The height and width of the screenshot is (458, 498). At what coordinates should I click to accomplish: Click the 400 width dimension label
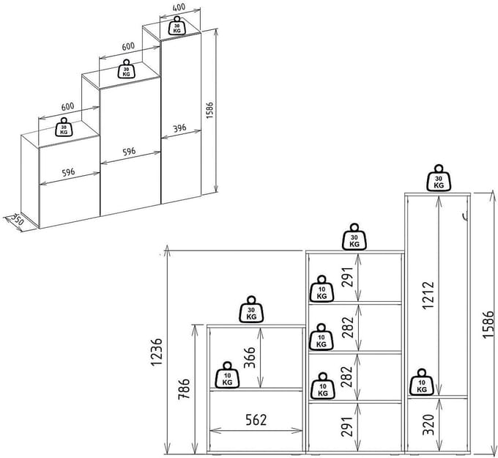coord(179,7)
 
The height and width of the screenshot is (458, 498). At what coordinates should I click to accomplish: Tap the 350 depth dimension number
coord(17,219)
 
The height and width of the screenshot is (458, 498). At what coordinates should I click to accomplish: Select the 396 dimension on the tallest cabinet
coord(179,128)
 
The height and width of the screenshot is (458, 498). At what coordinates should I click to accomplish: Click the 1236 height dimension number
coord(157,352)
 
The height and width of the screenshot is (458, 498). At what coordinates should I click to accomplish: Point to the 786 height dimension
coord(185,388)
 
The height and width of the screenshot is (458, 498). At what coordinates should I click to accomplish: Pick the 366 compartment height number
coord(250,358)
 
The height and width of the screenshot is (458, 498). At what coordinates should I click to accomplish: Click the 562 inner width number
coord(256,420)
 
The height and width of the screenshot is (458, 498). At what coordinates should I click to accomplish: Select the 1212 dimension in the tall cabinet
coord(428,295)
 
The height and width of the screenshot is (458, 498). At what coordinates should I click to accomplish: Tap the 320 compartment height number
coord(428,424)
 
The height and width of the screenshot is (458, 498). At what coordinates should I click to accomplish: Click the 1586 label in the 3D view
coord(209,111)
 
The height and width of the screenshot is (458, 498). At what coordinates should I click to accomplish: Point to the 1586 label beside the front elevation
coord(488,325)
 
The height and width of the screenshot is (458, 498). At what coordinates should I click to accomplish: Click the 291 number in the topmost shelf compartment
coord(347,277)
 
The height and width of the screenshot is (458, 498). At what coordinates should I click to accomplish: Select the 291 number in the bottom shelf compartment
coord(347,426)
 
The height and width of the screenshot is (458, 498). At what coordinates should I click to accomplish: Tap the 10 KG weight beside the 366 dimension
coord(227,375)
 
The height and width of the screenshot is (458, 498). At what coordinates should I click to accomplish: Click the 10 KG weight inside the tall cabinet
coord(421,382)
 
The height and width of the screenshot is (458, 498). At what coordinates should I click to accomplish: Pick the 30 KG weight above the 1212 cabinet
coord(439,178)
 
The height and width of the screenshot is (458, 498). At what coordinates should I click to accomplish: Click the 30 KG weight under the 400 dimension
coord(177,26)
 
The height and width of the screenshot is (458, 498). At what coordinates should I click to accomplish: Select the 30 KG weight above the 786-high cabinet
coord(251,309)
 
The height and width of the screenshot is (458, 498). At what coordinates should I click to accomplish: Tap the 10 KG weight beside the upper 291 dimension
coord(322,289)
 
